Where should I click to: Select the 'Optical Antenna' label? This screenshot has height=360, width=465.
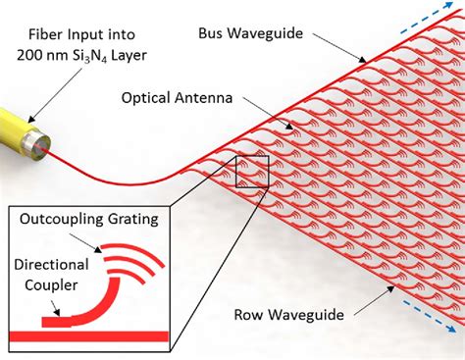coord(177,98)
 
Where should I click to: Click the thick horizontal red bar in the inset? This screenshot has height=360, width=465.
coord(88,337)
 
